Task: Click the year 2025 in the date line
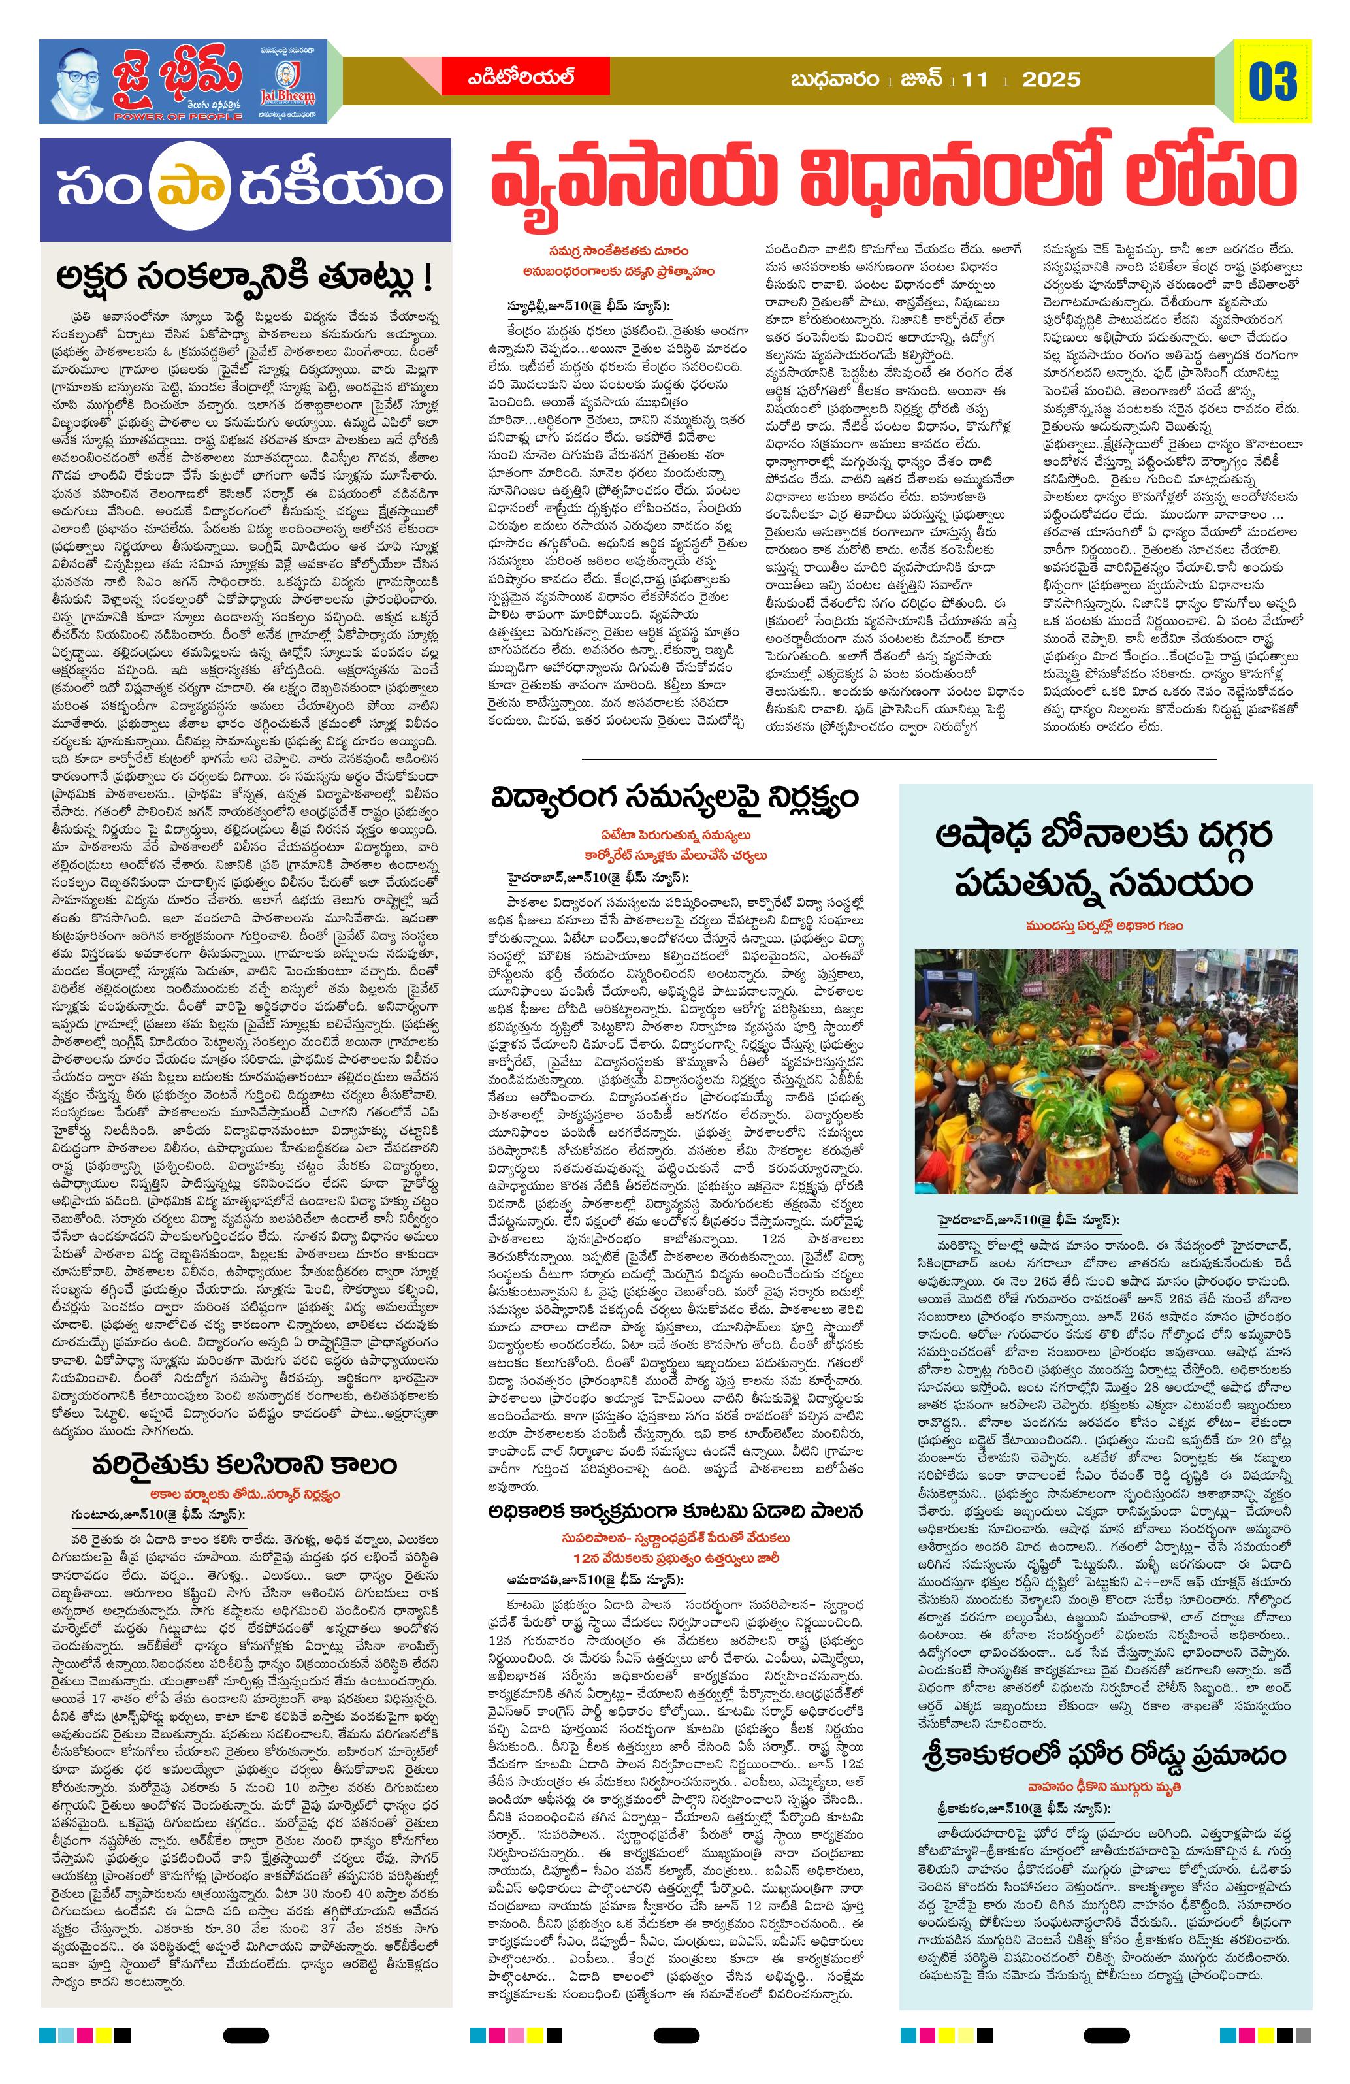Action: tap(1051, 80)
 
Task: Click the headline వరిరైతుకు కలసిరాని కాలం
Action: tap(244, 1463)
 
